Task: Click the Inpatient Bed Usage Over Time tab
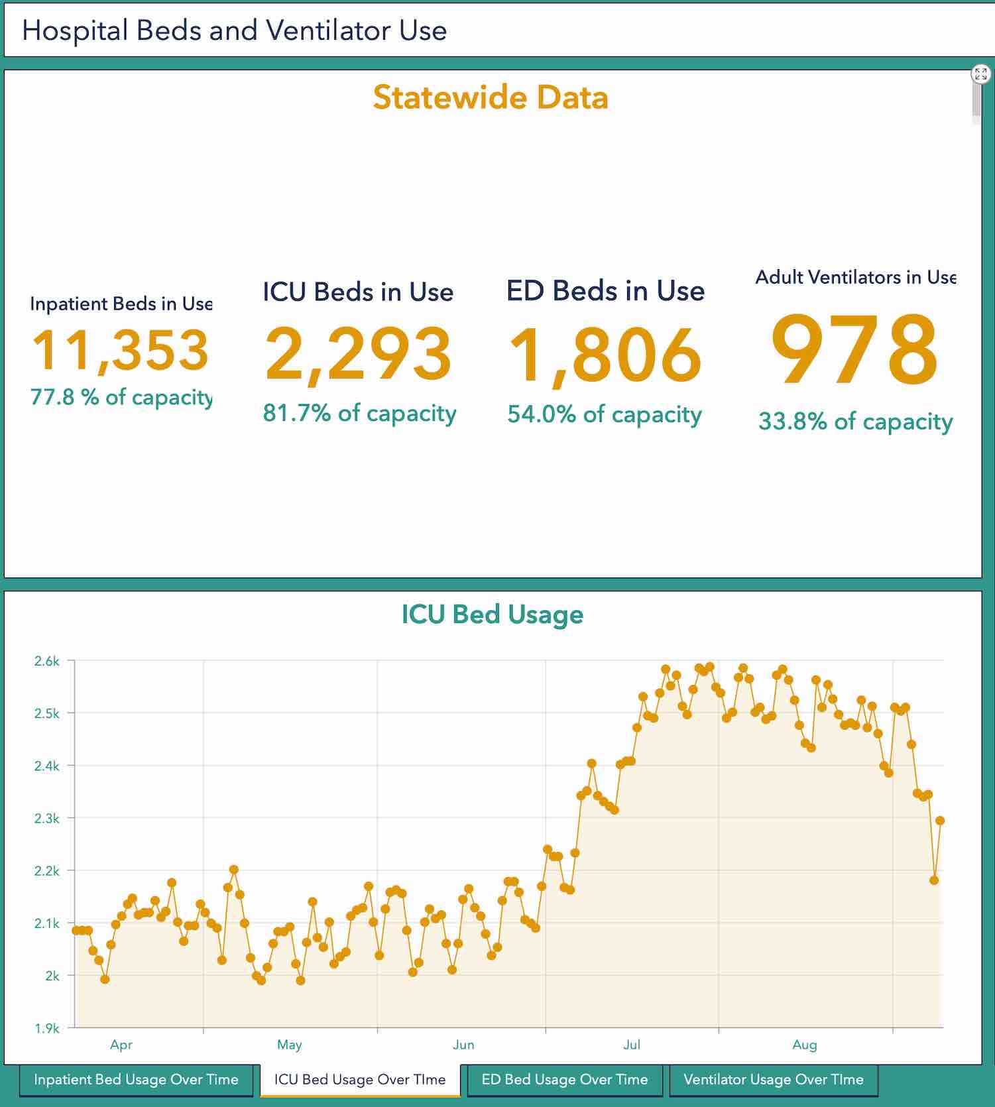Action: click(x=136, y=1079)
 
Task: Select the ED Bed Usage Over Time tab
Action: click(x=564, y=1079)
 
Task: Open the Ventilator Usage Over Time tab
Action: click(x=773, y=1079)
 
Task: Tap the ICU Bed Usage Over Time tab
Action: click(x=360, y=1079)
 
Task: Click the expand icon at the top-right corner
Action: click(x=980, y=74)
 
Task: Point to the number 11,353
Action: click(x=121, y=351)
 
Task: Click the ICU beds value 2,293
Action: click(x=358, y=354)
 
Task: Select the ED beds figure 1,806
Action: click(x=605, y=355)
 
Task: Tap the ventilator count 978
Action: click(x=854, y=349)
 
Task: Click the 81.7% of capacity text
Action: click(x=359, y=413)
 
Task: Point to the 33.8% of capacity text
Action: click(x=855, y=422)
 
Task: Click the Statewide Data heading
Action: click(x=491, y=97)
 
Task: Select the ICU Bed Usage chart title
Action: click(x=492, y=614)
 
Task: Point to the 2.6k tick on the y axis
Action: click(x=47, y=661)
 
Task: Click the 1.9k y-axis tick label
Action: click(x=47, y=1028)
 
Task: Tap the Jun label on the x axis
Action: click(x=463, y=1045)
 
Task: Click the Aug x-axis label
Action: click(x=804, y=1045)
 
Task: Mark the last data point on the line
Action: click(x=940, y=821)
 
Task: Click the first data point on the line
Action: click(x=76, y=930)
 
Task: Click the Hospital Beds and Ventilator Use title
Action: click(x=235, y=30)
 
